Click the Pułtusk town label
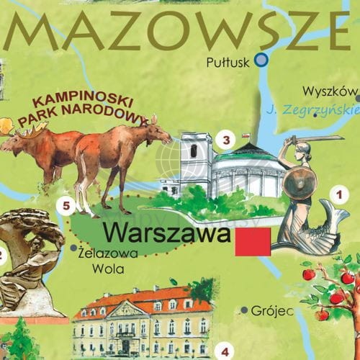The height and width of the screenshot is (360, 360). tap(227, 62)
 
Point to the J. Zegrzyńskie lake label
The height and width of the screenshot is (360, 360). tap(311, 111)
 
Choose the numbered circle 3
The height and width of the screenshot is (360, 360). tap(226, 140)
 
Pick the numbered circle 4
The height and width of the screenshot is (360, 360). tap(225, 351)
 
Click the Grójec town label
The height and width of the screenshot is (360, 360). tap(272, 311)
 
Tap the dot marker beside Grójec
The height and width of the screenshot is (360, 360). tap(245, 310)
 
